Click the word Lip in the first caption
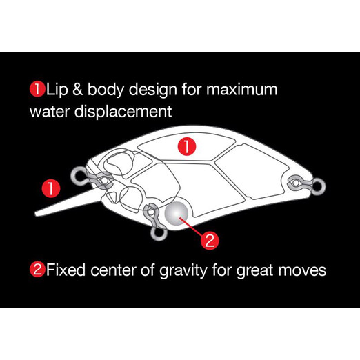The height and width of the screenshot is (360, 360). coord(57,89)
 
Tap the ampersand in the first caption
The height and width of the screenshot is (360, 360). coord(78,89)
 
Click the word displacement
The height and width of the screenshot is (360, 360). coord(123,112)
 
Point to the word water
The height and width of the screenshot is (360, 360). coord(50,112)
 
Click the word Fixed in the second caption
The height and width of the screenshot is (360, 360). coord(66,270)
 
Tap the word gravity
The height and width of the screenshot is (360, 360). coord(183,271)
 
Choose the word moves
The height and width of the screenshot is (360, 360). coord(302,270)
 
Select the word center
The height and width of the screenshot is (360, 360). coord(113,270)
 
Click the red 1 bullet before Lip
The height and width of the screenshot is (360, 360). coord(37,89)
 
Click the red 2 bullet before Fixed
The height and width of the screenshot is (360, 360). coord(37,270)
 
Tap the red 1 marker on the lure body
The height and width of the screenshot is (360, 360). coord(187,146)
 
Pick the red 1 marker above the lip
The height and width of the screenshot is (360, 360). coord(51,188)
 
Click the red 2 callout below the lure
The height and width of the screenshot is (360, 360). coord(210,241)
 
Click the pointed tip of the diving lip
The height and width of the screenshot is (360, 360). coord(35,214)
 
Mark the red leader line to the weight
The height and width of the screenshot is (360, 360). coord(192,226)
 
